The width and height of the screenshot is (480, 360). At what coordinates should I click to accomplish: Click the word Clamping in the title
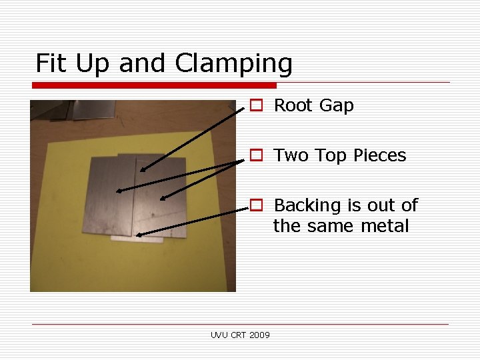coord(233,64)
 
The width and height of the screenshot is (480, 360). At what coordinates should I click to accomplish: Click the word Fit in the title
coord(53,63)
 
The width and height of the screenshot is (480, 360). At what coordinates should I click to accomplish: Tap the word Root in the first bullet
coord(294,105)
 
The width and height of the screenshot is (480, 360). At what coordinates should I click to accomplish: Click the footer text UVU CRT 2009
coord(240,335)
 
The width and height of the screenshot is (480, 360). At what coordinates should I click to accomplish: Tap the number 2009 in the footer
coord(259,335)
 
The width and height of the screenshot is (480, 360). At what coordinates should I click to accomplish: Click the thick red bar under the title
coord(154,85)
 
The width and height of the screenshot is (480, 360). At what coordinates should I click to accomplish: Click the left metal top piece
coord(110,197)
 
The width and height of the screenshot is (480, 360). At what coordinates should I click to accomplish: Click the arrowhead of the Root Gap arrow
coord(143,169)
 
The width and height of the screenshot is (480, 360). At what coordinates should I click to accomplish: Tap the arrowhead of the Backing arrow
coord(137,235)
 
